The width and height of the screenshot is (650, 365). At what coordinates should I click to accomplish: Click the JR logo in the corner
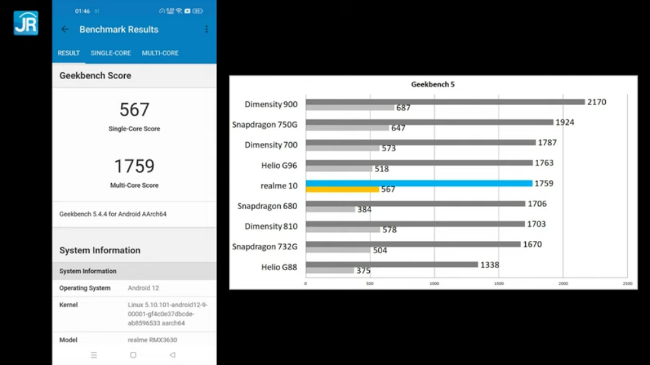[x=26, y=23]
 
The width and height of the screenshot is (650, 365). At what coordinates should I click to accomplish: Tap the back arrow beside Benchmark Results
[x=65, y=29]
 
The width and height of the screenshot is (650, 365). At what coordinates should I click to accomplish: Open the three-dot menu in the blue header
[x=207, y=29]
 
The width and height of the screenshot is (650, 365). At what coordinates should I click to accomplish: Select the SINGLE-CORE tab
[x=110, y=53]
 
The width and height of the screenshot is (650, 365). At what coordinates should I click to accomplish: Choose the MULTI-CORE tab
[x=160, y=53]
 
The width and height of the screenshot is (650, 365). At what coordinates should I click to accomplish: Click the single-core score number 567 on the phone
[x=135, y=110]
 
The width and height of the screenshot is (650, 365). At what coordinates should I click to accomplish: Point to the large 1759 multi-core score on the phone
[x=135, y=166]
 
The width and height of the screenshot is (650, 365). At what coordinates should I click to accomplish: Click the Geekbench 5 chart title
[x=433, y=84]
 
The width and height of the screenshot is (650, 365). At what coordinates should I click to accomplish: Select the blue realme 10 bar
[x=419, y=183]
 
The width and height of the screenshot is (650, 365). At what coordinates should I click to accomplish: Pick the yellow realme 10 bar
[x=343, y=190]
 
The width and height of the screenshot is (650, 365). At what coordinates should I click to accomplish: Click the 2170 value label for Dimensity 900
[x=597, y=102]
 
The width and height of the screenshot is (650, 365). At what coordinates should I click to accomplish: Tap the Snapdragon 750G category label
[x=265, y=125]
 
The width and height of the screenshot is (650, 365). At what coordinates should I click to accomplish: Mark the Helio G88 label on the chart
[x=279, y=267]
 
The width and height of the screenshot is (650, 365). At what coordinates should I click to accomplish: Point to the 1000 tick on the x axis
[x=434, y=284]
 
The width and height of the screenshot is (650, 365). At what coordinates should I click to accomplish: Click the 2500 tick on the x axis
[x=627, y=284]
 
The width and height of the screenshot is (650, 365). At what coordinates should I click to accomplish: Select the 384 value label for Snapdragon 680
[x=365, y=210]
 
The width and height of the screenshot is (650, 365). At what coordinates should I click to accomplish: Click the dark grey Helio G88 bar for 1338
[x=392, y=264]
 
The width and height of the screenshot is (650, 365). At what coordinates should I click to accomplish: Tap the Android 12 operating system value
[x=144, y=288]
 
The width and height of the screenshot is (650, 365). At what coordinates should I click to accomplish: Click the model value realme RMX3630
[x=152, y=340]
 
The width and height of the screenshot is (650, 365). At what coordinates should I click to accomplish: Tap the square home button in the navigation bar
[x=133, y=355]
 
